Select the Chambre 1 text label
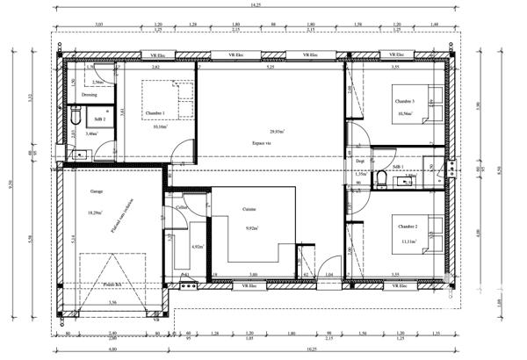coord(155,113)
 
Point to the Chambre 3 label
coord(402,102)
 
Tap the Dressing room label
coord(90,94)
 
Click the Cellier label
coord(182,208)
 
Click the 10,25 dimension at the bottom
coord(311,350)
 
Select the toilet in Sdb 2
coord(76,115)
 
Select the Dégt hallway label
coord(360,162)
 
